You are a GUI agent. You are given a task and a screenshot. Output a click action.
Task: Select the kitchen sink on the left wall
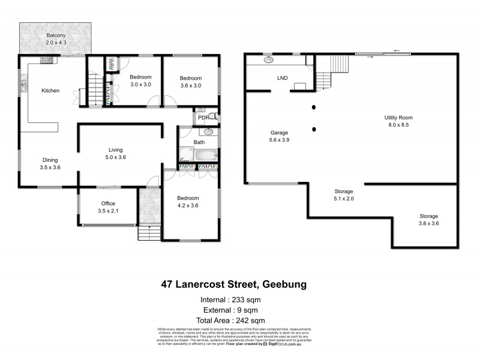24,86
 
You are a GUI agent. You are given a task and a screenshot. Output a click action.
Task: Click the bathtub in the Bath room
205,155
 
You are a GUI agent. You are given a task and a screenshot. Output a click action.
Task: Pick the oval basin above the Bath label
208,131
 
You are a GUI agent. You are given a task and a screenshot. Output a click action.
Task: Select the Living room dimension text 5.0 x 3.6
116,157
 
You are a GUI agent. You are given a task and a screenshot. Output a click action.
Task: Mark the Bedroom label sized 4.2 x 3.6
188,202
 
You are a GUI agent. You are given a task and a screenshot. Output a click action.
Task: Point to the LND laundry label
281,78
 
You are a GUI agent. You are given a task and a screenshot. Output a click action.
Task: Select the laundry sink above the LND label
268,60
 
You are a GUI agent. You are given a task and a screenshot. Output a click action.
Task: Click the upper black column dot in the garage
314,108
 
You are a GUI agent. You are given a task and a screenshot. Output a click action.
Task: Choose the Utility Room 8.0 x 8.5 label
398,121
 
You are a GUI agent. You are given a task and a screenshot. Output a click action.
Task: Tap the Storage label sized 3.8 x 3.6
428,220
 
